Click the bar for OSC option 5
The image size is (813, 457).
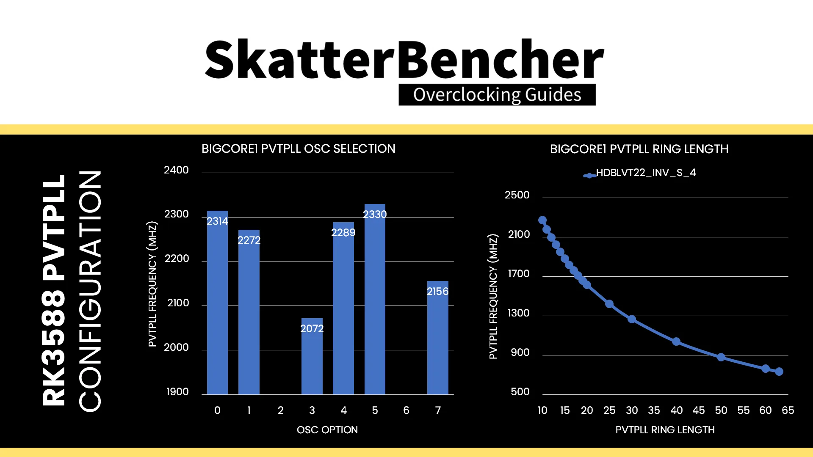375,299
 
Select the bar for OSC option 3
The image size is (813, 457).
312,356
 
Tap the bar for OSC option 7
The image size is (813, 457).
438,338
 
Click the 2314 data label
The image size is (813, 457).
217,221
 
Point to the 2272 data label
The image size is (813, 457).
249,240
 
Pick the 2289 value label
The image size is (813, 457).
343,232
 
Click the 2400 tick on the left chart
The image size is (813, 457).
176,170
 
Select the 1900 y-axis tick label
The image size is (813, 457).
177,392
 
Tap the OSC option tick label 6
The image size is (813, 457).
406,410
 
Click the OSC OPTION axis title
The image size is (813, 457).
327,430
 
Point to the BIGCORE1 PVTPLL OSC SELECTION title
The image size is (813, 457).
299,149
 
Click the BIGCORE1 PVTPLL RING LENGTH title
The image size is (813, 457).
639,149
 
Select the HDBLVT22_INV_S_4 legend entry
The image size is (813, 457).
640,173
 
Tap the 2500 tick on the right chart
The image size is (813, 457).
517,195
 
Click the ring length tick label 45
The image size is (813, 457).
699,410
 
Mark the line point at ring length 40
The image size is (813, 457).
676,341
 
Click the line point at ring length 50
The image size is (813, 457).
721,357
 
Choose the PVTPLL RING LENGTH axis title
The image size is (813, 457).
665,430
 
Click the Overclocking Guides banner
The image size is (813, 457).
497,95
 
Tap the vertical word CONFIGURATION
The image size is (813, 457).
90,291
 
